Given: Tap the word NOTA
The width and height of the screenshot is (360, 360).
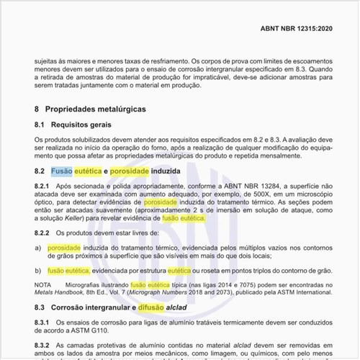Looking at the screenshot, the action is [x=44, y=286].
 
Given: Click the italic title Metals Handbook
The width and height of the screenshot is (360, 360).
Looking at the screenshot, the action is [x=60, y=294].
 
